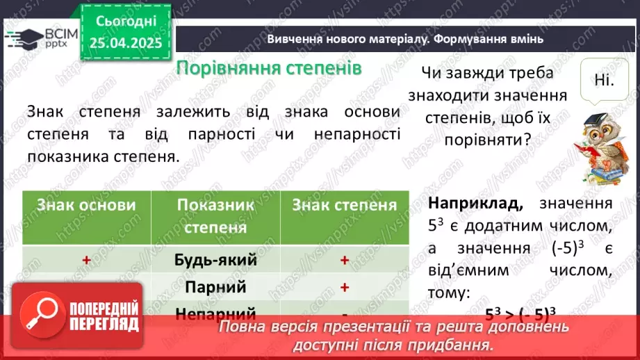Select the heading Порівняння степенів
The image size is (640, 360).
(269, 68)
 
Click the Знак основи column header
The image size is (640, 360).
(86, 205)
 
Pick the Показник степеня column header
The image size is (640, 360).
(215, 215)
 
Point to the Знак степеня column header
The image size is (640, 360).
(344, 205)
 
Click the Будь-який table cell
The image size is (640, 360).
(215, 260)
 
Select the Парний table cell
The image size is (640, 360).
(215, 286)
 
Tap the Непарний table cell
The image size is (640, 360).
(215, 313)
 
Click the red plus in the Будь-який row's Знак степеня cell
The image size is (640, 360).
(343, 260)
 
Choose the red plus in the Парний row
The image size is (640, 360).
(343, 286)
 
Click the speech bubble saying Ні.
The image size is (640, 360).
(604, 80)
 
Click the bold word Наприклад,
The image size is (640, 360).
(475, 204)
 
